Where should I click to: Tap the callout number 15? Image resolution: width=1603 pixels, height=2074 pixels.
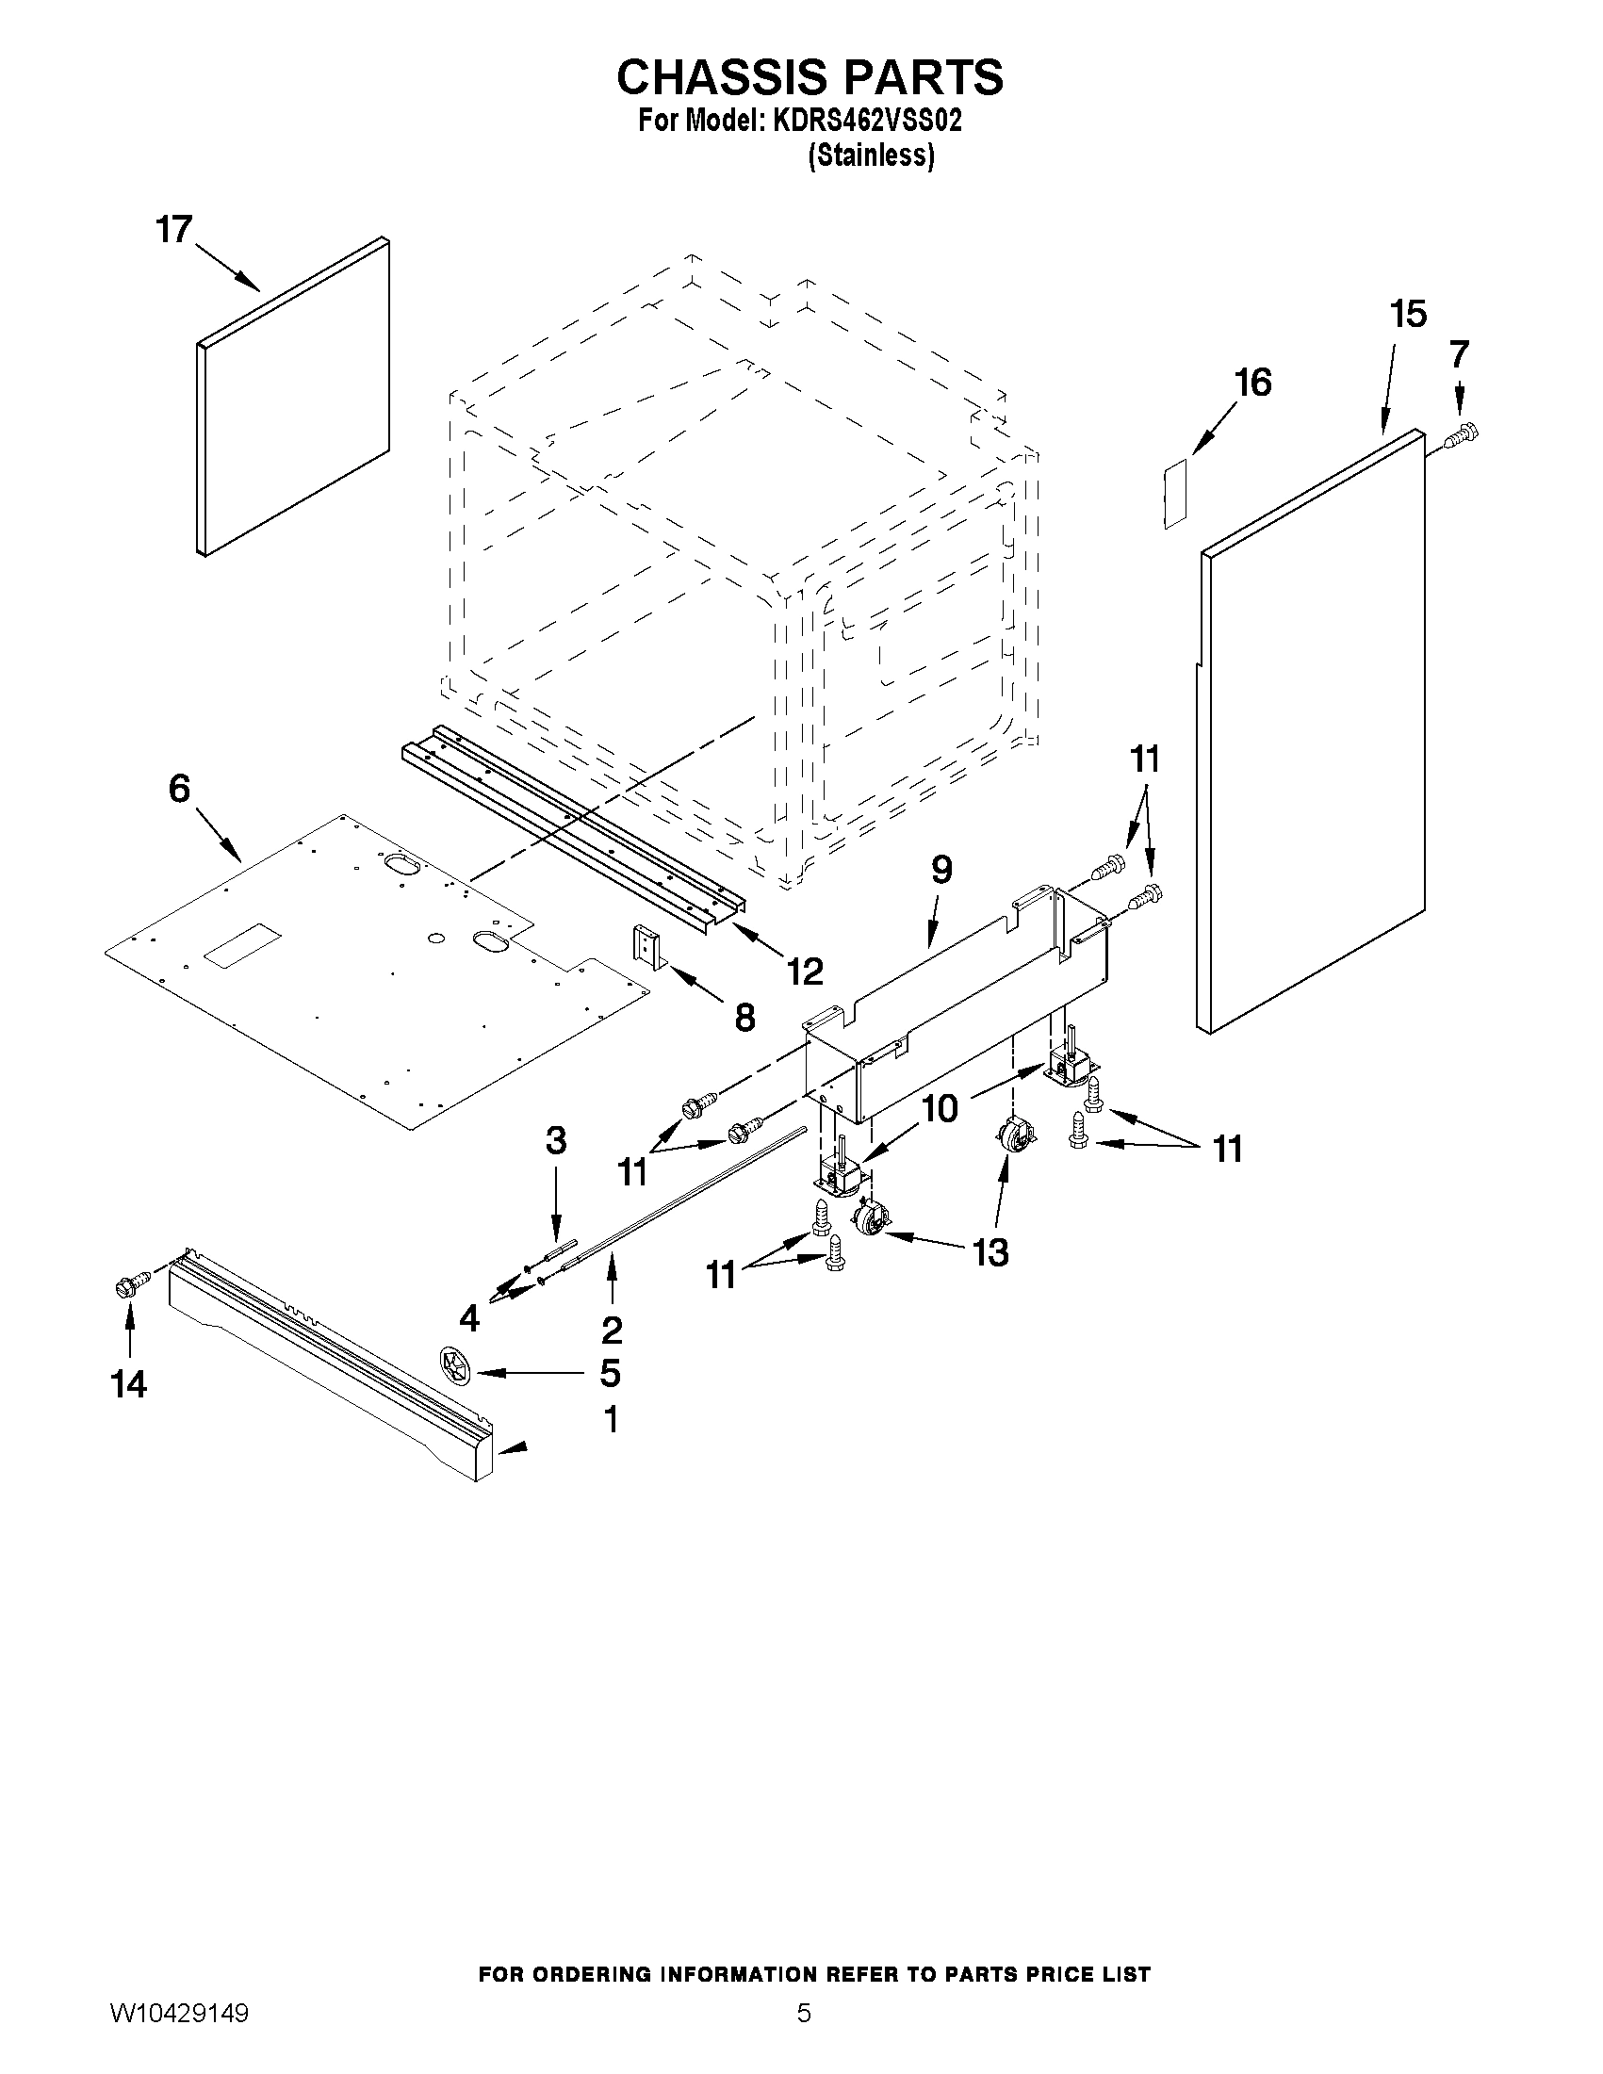[x=1408, y=315]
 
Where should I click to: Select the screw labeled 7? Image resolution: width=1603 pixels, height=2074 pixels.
[x=1463, y=436]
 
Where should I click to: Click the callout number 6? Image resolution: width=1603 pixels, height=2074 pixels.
[x=179, y=788]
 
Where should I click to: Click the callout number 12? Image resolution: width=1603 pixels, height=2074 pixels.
[x=804, y=971]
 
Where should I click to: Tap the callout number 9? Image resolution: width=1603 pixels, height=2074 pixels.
[x=941, y=870]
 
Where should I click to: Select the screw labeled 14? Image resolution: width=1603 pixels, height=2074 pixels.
[x=132, y=1287]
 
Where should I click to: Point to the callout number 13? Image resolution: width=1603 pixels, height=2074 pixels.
[x=990, y=1253]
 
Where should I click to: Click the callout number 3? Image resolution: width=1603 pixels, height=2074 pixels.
[x=556, y=1140]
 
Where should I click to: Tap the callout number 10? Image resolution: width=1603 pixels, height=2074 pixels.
[x=941, y=1108]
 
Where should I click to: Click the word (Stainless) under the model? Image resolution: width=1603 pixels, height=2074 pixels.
[x=870, y=155]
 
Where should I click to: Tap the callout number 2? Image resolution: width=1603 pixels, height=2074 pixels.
[x=611, y=1330]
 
